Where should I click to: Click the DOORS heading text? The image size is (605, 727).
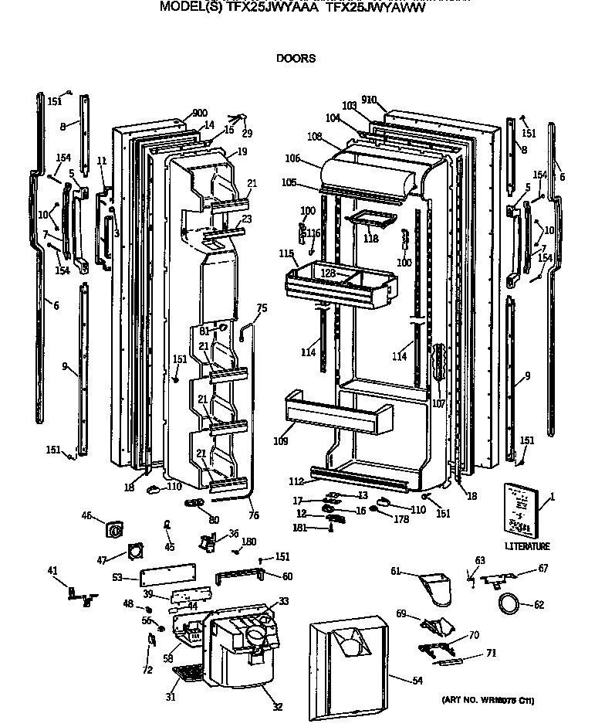pyautogui.click(x=296, y=58)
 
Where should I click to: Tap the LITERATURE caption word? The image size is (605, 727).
pyautogui.click(x=528, y=546)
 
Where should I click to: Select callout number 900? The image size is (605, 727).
pyautogui.click(x=178, y=113)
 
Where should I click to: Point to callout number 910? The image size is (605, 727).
pyautogui.click(x=368, y=100)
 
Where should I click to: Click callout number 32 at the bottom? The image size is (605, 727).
pyautogui.click(x=277, y=706)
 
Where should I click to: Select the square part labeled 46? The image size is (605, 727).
pyautogui.click(x=116, y=530)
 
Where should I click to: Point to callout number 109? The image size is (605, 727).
pyautogui.click(x=280, y=441)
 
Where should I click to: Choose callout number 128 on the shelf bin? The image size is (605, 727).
pyautogui.click(x=329, y=273)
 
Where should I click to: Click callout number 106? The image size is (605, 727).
pyautogui.click(x=292, y=159)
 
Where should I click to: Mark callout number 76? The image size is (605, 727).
pyautogui.click(x=255, y=515)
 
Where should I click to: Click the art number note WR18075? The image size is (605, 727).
pyautogui.click(x=488, y=701)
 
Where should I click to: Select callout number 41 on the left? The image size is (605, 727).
pyautogui.click(x=52, y=571)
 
